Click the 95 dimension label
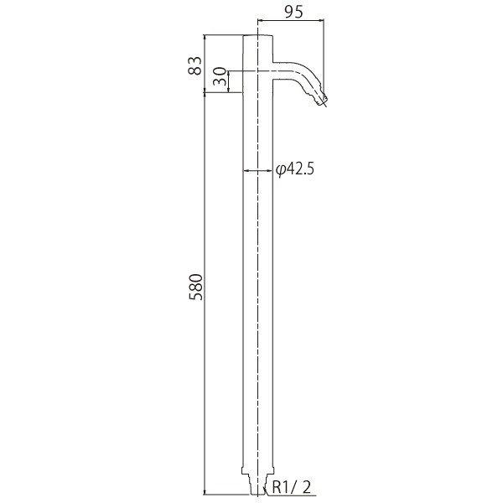pos(293,13)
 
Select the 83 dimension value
pos(195,65)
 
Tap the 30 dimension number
pos(220,76)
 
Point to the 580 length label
pos(195,287)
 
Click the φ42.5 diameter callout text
pos(295,169)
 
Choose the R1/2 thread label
pos(292,488)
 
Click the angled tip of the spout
pos(322,99)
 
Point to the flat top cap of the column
pos(258,35)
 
